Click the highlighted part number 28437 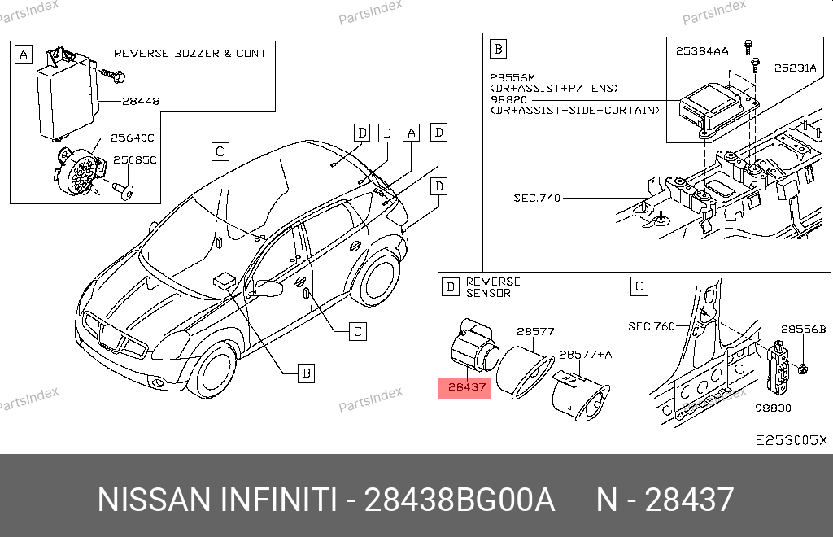click(x=467, y=386)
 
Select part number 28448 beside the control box click(x=141, y=101)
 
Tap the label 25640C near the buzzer click(x=133, y=138)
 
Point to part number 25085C click(x=135, y=159)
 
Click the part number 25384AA click(x=702, y=51)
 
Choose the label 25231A click(x=796, y=68)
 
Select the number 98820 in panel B click(x=508, y=99)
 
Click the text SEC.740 click(x=537, y=199)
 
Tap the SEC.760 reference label click(x=652, y=326)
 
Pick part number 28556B click(x=803, y=330)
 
